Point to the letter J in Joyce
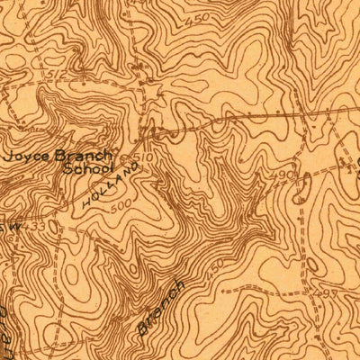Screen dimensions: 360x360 13,154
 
